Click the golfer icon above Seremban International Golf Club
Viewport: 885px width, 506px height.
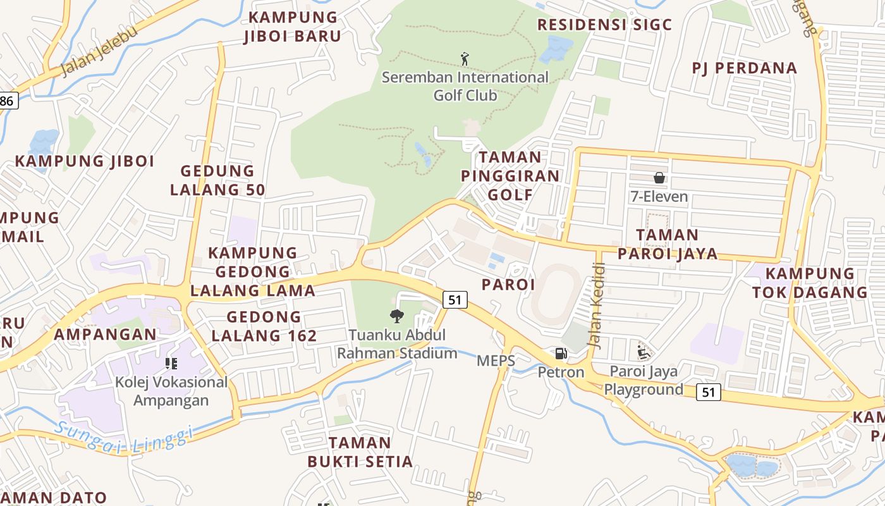pyautogui.click(x=465, y=59)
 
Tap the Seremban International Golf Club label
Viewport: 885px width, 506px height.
pyautogui.click(x=465, y=86)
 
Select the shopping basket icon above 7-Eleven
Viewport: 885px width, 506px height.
pyautogui.click(x=659, y=178)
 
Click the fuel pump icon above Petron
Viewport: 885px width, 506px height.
pyautogui.click(x=561, y=354)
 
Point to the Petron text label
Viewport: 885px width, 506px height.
pyautogui.click(x=561, y=372)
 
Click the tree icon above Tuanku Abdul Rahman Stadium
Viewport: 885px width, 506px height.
pyautogui.click(x=397, y=316)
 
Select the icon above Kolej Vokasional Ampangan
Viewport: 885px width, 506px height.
pyautogui.click(x=171, y=363)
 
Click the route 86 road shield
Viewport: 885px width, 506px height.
pyautogui.click(x=8, y=101)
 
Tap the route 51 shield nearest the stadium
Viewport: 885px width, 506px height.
pyautogui.click(x=455, y=299)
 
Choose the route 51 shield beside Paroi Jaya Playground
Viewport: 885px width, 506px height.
pyautogui.click(x=709, y=392)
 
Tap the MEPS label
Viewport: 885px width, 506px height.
pyautogui.click(x=496, y=361)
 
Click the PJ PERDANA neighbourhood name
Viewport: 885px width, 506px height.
pyautogui.click(x=744, y=68)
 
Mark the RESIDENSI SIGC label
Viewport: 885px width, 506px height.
pyautogui.click(x=604, y=25)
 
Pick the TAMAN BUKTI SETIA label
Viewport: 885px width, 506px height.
pyautogui.click(x=360, y=452)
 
